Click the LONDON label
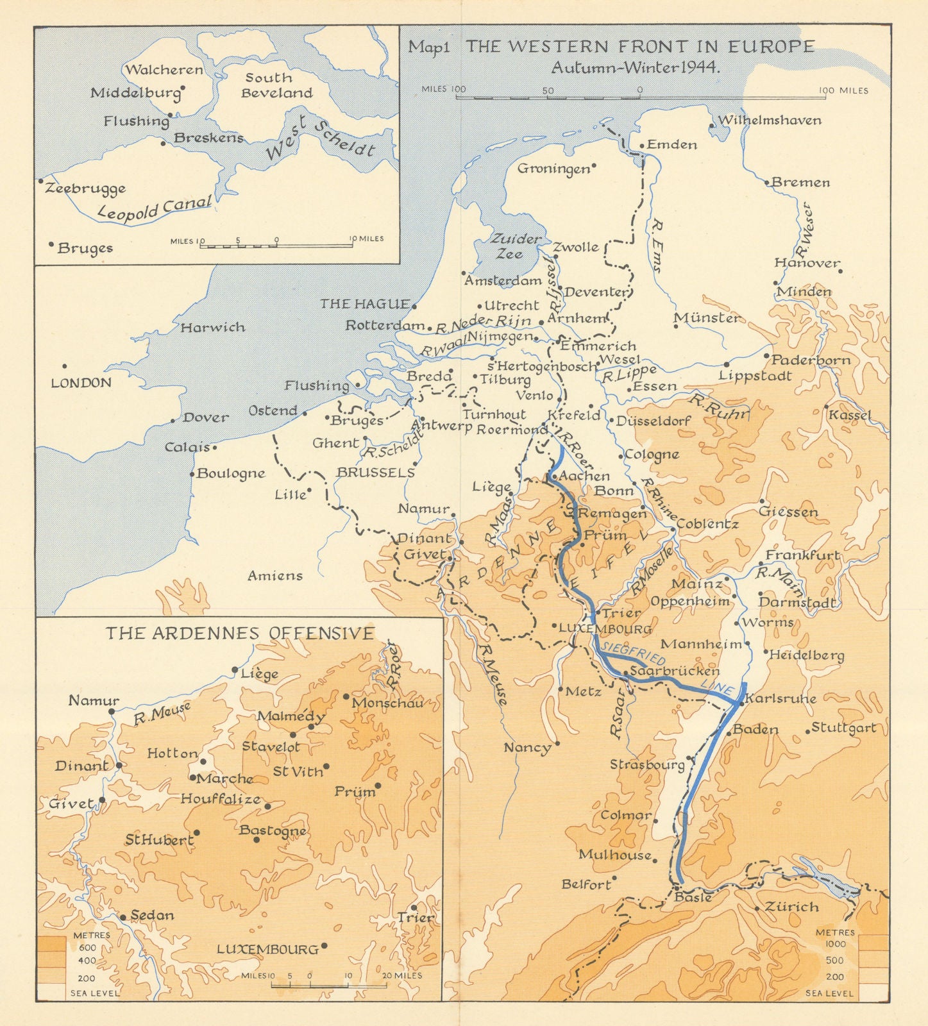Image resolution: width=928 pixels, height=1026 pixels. (81, 383)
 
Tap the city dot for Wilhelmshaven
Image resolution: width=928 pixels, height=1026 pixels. (712, 126)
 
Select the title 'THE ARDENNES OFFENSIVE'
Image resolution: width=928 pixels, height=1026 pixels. (239, 634)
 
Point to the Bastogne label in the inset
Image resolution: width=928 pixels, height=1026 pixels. (273, 830)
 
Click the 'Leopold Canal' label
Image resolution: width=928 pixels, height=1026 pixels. (155, 209)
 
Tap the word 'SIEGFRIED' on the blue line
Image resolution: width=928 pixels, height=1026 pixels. (631, 652)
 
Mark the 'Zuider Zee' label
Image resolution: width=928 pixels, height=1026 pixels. (516, 246)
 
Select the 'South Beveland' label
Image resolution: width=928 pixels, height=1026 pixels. (276, 85)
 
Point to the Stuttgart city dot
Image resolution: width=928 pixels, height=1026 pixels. (807, 730)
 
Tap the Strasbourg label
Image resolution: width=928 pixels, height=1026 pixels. (647, 764)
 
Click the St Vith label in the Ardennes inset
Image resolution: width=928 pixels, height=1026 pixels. (298, 771)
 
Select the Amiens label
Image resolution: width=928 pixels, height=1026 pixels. (275, 576)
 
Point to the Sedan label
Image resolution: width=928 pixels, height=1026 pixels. (152, 916)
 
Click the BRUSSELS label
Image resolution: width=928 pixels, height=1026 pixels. (375, 473)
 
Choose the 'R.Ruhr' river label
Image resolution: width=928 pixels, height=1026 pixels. (719, 407)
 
